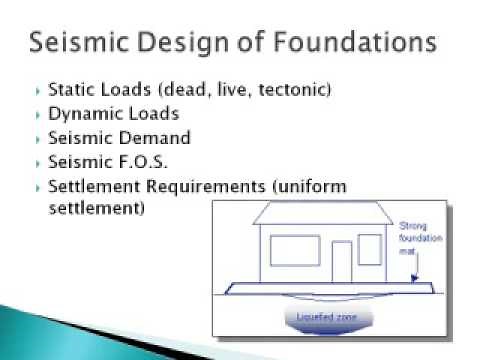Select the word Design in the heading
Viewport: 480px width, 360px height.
(x=196, y=44)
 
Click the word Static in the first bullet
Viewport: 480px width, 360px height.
(x=80, y=90)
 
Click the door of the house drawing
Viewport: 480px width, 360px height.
(x=343, y=262)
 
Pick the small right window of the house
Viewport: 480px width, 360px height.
(x=370, y=249)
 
